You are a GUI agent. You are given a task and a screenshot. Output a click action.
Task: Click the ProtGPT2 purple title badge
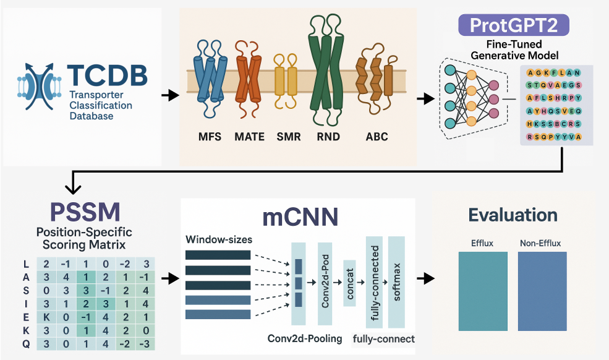(514, 25)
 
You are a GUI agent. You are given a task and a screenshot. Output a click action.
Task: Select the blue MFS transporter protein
(209, 80)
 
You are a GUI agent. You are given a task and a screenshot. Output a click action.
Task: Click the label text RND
(327, 136)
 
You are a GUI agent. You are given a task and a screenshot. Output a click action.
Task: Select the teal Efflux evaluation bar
(482, 291)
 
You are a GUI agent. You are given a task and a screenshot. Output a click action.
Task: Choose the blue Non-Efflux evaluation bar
(542, 291)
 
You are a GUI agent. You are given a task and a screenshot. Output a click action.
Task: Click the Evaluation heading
(513, 215)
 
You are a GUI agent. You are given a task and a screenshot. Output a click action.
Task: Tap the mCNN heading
(300, 216)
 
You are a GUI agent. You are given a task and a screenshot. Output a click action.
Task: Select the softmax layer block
(396, 282)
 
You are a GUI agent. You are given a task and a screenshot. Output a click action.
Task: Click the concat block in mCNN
(350, 284)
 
